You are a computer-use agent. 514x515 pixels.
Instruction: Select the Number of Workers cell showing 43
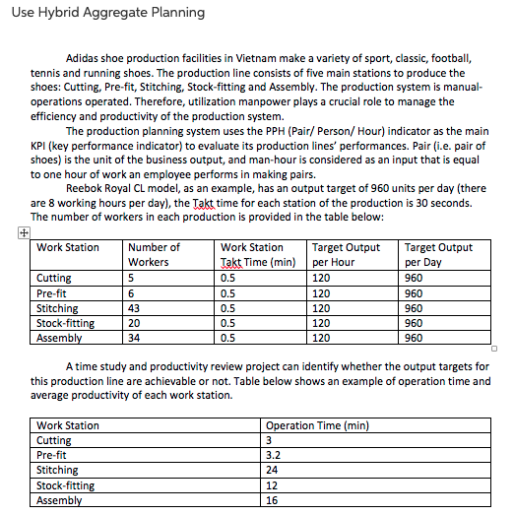(136, 308)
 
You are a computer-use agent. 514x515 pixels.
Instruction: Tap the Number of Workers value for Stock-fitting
(136, 323)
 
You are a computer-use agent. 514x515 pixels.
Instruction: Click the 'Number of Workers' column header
(156, 255)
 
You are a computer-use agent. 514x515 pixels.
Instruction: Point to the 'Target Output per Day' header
(438, 255)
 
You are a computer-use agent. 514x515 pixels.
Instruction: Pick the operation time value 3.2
(274, 456)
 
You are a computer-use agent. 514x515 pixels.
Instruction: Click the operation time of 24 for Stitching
(272, 471)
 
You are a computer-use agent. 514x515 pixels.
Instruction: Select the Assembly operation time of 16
(272, 500)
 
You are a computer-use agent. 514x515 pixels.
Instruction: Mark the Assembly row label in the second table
(59, 500)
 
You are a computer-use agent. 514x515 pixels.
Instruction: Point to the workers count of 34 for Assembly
(136, 338)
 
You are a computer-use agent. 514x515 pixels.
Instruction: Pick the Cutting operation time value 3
(269, 440)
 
